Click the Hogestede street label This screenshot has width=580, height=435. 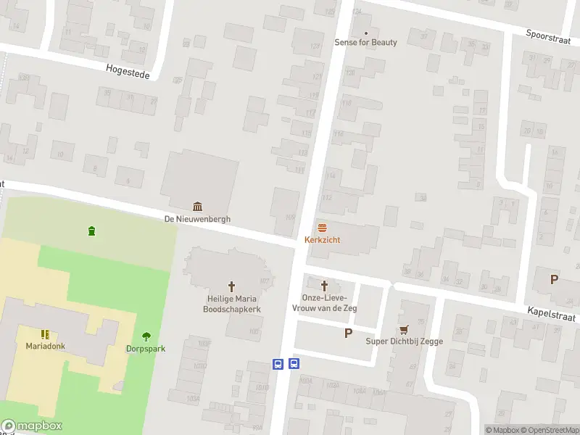point(127,70)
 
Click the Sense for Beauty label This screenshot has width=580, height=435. point(365,42)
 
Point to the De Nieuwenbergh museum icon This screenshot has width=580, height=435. point(197,207)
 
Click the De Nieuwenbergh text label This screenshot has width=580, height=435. point(197,219)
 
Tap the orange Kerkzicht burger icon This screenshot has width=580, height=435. point(323,228)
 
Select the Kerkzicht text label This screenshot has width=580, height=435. point(323,239)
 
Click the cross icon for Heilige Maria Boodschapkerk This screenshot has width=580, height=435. point(232,286)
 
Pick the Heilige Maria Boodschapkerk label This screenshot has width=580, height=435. point(232,304)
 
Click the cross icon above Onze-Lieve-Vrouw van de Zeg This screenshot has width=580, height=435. point(324,286)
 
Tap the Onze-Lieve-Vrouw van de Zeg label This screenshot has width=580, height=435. point(324,303)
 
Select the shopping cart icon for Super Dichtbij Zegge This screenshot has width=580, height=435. point(404,329)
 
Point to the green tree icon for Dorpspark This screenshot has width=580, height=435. point(146,336)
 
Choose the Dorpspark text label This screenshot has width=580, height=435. point(146,349)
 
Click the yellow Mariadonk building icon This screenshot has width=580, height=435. point(46,334)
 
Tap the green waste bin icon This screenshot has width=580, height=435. point(91,231)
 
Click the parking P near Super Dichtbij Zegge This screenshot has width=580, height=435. point(348,333)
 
